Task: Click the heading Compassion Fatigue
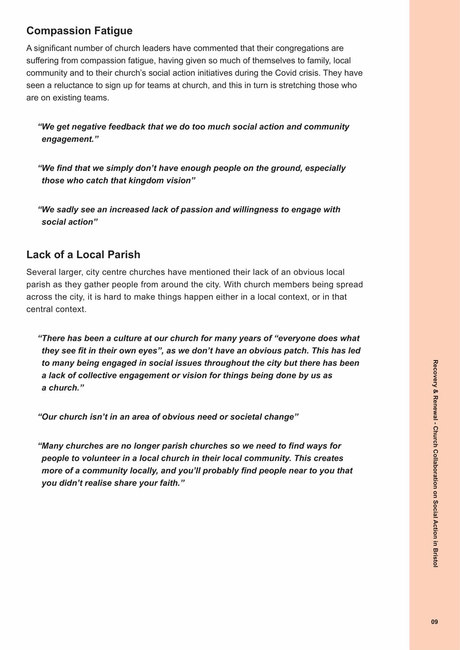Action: pyautogui.click(x=79, y=31)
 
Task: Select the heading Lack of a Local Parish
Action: pyautogui.click(x=83, y=254)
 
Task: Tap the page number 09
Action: pyautogui.click(x=434, y=622)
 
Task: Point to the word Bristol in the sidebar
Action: pyautogui.click(x=435, y=557)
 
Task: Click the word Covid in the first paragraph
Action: pyautogui.click(x=285, y=73)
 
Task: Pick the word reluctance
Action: pyautogui.click(x=68, y=85)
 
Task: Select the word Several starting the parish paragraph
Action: pyautogui.click(x=41, y=272)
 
